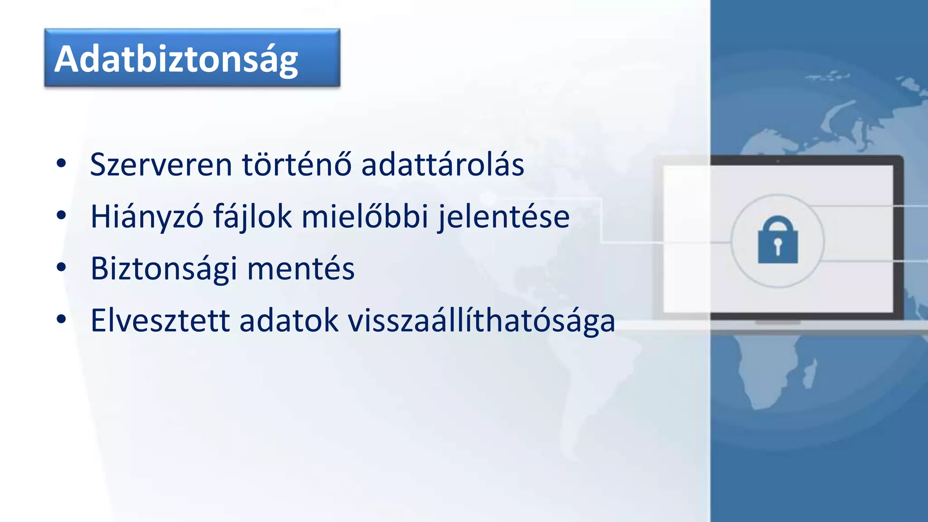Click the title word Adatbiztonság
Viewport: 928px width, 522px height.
[176, 59]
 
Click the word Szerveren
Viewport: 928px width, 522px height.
[161, 164]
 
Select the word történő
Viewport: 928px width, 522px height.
[297, 164]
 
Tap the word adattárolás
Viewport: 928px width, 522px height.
[443, 164]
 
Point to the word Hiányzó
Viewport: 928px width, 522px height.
[147, 217]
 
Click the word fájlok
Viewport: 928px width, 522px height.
[252, 217]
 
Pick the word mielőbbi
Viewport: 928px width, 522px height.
[365, 217]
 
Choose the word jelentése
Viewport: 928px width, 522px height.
[503, 217]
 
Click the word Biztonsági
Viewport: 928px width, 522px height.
[164, 269]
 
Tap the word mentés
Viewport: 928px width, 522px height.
[301, 269]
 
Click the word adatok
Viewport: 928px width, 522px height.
[289, 321]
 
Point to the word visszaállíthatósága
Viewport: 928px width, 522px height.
[481, 321]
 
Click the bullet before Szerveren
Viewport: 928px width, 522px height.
[61, 163]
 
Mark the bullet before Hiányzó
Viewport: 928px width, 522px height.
[61, 215]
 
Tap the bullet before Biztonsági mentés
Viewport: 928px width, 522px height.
[61, 267]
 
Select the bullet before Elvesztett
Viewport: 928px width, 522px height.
[61, 319]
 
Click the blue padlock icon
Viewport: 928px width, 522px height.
[778, 240]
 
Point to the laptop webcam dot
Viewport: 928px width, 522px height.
[778, 161]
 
